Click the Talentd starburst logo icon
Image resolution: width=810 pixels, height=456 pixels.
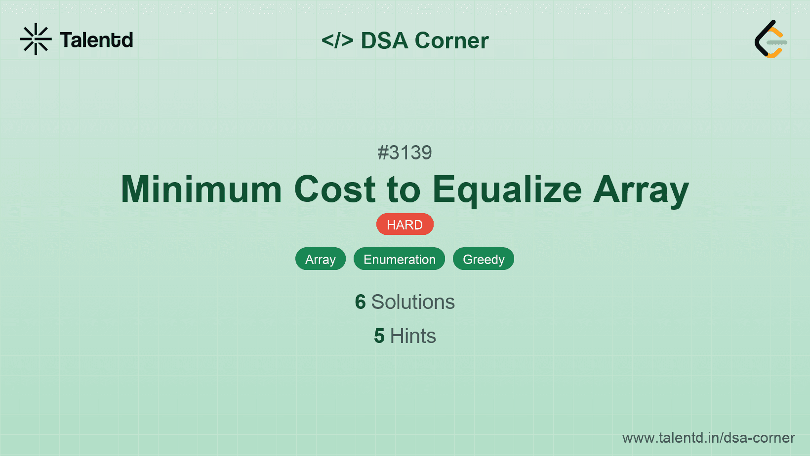36,39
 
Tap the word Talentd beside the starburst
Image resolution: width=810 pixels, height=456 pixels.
96,40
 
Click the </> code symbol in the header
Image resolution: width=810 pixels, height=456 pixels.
337,40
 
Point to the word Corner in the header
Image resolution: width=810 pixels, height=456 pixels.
451,40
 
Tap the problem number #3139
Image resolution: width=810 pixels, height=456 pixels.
405,152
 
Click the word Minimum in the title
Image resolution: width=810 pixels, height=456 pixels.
201,190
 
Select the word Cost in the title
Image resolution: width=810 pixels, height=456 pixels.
335,190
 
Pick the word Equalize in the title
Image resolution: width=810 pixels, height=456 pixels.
507,191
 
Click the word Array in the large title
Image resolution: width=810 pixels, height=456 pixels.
641,191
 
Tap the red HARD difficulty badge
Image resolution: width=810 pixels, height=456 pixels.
405,225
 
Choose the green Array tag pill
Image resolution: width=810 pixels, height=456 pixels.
321,259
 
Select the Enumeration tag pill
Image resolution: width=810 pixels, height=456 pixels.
399,259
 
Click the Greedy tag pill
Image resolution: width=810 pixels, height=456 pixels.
484,259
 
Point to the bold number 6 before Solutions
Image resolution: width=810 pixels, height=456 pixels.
360,302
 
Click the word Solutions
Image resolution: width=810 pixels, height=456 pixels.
413,302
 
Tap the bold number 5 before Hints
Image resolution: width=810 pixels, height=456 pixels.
379,336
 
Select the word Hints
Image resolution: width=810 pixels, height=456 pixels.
413,336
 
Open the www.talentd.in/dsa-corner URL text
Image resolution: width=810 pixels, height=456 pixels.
708,438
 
